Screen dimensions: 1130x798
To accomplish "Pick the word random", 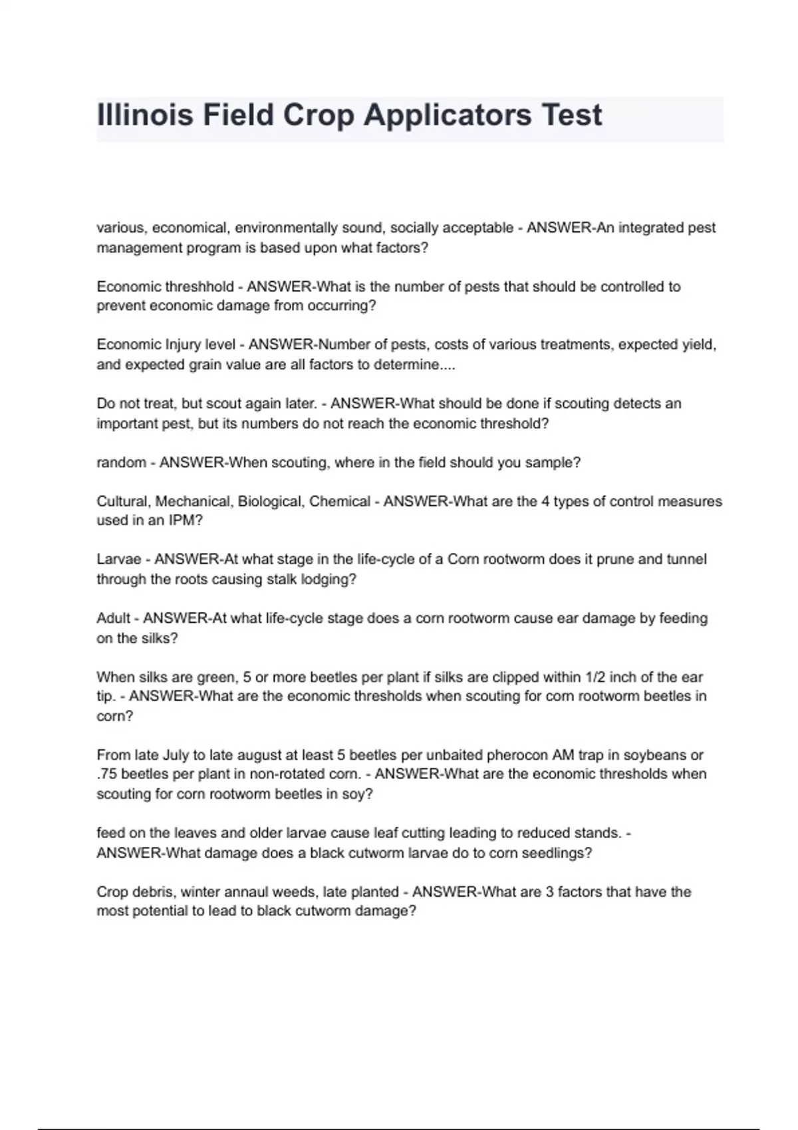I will click(x=121, y=463).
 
